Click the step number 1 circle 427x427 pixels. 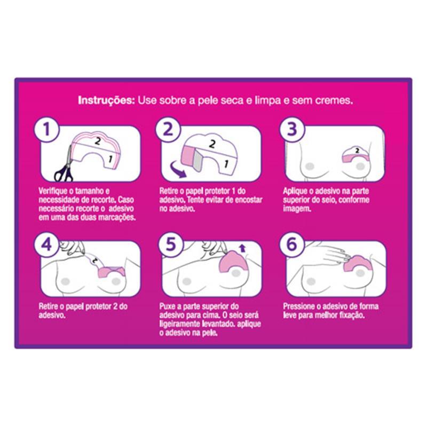(x=46, y=129)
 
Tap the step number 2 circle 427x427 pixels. (x=168, y=129)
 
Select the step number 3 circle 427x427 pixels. (x=292, y=129)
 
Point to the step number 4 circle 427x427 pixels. (x=46, y=244)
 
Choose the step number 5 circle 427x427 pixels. (x=171, y=244)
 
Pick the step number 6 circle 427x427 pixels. (x=292, y=244)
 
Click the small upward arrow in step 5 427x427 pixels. (x=242, y=248)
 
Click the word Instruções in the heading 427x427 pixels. (x=106, y=100)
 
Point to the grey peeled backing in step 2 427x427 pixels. (x=197, y=162)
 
